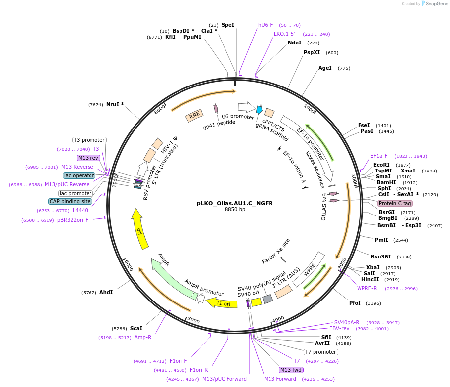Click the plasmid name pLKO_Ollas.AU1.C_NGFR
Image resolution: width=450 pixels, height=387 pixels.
pyautogui.click(x=235, y=203)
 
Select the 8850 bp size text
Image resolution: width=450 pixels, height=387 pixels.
pyautogui.click(x=235, y=210)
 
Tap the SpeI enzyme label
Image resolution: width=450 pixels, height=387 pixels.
pyautogui.click(x=228, y=25)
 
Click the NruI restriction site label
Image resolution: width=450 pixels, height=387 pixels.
pyautogui.click(x=115, y=104)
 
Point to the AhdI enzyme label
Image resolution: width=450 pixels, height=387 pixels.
pyautogui.click(x=106, y=292)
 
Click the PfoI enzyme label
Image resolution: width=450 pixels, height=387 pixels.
pyautogui.click(x=355, y=303)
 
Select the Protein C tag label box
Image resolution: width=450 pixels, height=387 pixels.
pyautogui.click(x=395, y=203)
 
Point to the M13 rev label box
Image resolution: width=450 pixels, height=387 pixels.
pyautogui.click(x=89, y=158)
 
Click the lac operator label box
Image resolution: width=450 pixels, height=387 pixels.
pyautogui.click(x=79, y=175)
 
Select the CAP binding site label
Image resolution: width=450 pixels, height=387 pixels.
pyautogui.click(x=70, y=201)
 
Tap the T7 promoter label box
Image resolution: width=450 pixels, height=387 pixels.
pyautogui.click(x=320, y=352)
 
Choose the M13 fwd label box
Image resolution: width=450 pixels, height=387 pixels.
pyautogui.click(x=291, y=370)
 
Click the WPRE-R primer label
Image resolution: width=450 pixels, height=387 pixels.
pyautogui.click(x=367, y=288)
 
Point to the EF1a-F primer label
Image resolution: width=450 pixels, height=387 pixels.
pyautogui.click(x=379, y=156)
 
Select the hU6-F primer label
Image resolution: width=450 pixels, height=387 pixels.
pyautogui.click(x=266, y=25)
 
